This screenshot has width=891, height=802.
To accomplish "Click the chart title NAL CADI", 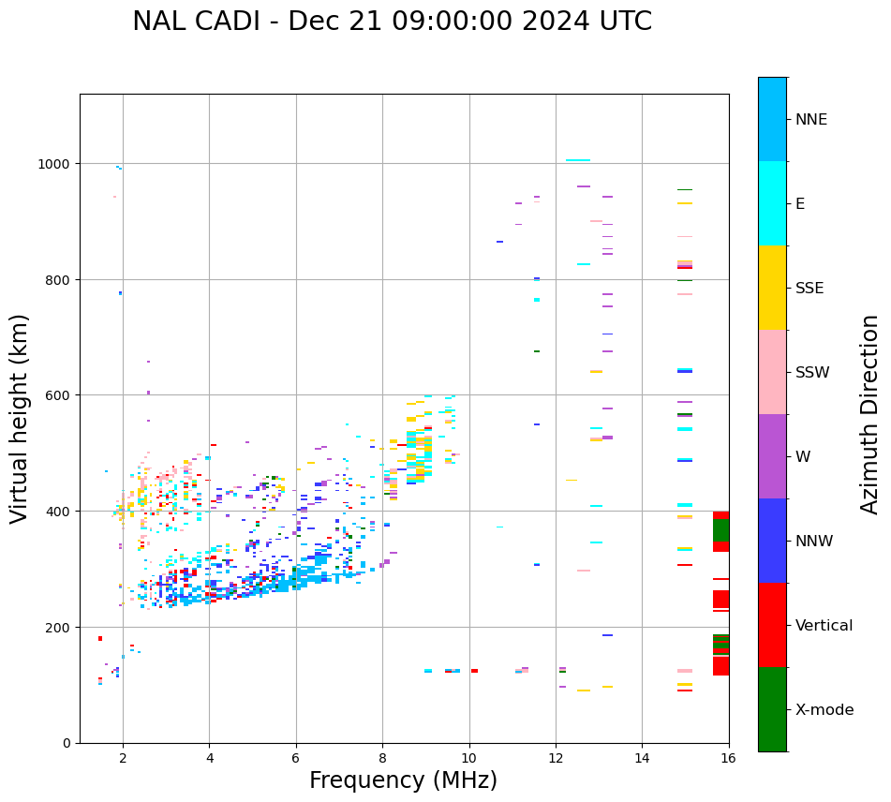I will click(x=392, y=22).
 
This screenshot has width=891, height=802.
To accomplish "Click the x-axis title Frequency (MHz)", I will click(x=403, y=780).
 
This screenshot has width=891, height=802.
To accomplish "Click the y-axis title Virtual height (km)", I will click(x=20, y=419).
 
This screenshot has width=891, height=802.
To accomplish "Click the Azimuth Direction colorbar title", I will click(x=870, y=414).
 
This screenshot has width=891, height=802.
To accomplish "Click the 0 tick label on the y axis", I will click(x=67, y=743).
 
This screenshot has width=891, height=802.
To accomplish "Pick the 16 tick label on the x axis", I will click(x=728, y=759).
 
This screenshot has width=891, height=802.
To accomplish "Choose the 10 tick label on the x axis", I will click(x=468, y=759).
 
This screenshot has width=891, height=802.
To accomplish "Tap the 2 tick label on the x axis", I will click(x=123, y=759).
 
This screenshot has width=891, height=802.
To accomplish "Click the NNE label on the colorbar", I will click(x=811, y=119).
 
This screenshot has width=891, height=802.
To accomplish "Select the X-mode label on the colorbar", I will click(x=824, y=709).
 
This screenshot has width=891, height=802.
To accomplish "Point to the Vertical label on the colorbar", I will click(x=824, y=625).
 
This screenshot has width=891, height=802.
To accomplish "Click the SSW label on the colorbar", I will click(x=812, y=372).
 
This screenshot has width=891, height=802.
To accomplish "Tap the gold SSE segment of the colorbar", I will click(x=772, y=288).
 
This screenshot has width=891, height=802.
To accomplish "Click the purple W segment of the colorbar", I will click(x=772, y=456).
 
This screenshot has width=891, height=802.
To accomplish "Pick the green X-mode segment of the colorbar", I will click(x=772, y=709).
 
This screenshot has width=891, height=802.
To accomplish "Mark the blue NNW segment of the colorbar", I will click(x=772, y=541).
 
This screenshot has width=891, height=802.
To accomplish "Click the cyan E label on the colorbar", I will click(x=800, y=203).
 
